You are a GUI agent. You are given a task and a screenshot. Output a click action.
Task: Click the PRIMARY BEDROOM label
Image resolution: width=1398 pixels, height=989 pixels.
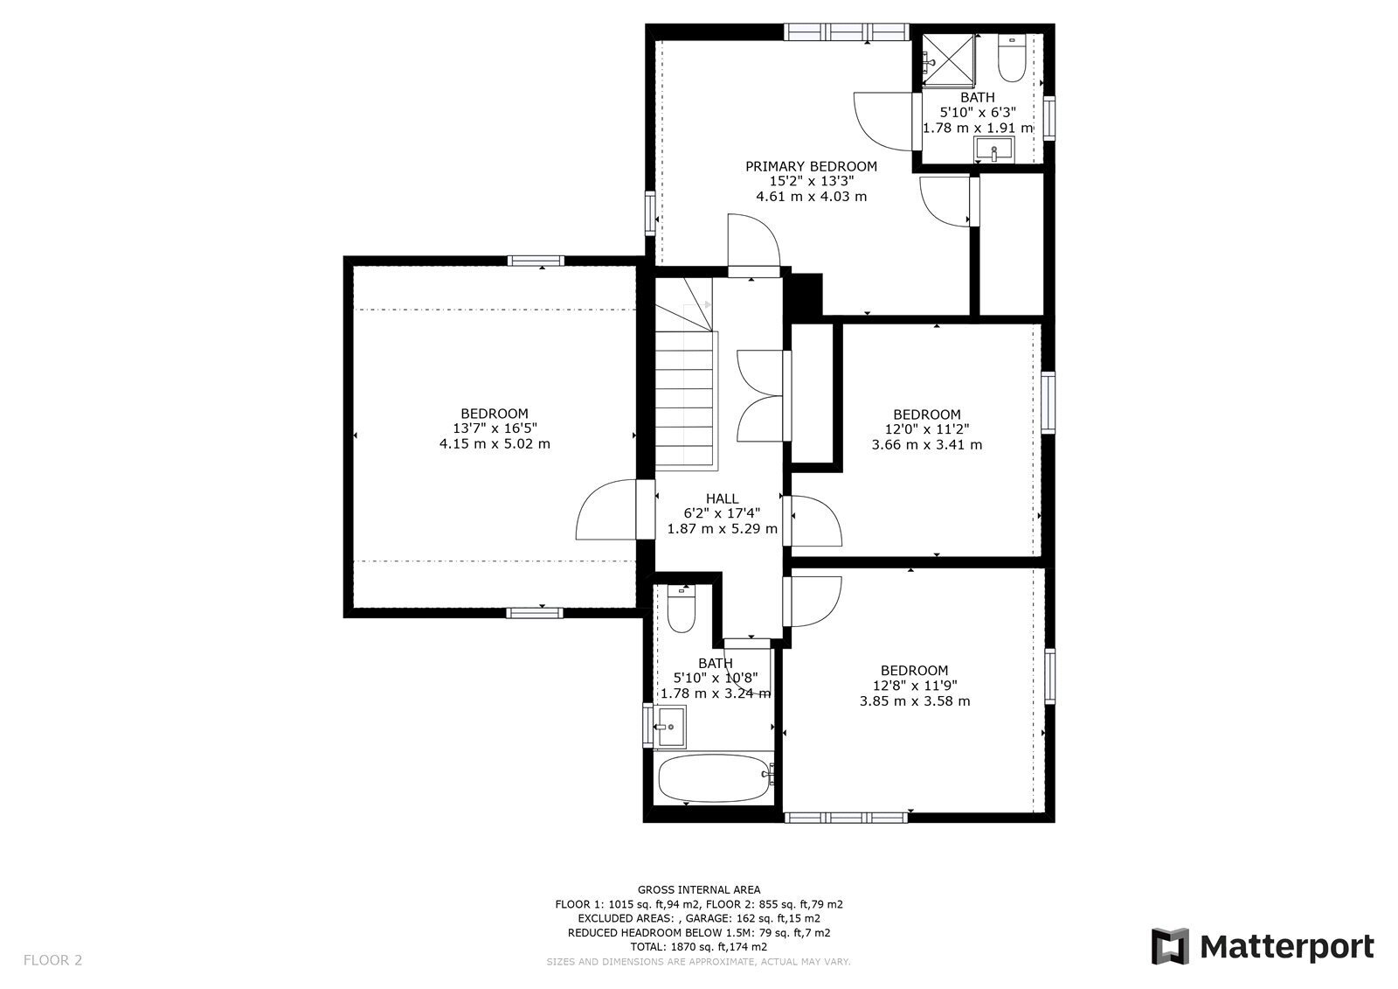[x=811, y=166]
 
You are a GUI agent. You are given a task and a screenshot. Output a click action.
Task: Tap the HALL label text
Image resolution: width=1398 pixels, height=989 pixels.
[x=722, y=498]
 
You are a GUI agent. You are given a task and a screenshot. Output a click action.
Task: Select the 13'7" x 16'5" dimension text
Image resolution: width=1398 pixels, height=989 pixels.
[x=495, y=428]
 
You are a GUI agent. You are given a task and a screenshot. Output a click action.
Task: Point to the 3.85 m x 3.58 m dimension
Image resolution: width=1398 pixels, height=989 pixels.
[x=915, y=701]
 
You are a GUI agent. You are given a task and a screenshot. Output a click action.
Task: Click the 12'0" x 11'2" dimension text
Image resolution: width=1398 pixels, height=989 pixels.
[x=927, y=429]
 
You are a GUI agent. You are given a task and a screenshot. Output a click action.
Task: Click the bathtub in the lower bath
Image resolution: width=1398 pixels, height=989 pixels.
[x=714, y=778]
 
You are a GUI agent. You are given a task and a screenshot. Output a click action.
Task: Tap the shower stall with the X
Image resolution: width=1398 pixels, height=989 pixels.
[x=948, y=60]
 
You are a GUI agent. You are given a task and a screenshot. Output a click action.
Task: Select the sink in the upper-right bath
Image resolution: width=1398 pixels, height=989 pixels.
[x=993, y=150]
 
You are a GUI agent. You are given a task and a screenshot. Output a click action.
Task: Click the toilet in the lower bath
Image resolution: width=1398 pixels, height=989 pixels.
[x=681, y=609]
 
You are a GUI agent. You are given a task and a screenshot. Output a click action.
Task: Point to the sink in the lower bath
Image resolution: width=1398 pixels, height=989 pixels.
[x=669, y=727]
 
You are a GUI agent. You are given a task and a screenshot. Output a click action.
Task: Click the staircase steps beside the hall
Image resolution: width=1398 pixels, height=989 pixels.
[x=684, y=400]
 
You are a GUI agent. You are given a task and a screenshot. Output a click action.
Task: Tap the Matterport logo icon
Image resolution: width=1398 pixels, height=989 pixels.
[x=1170, y=946]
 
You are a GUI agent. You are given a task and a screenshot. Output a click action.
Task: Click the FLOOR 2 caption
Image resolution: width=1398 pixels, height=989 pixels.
[x=53, y=960]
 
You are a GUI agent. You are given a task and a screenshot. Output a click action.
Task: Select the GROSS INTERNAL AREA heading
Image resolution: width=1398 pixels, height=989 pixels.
[x=699, y=889]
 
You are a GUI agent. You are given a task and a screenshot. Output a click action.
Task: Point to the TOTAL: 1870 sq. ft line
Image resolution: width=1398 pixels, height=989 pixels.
[x=699, y=947]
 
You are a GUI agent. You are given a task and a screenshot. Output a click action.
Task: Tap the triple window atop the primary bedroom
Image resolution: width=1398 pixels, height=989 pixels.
[x=847, y=31]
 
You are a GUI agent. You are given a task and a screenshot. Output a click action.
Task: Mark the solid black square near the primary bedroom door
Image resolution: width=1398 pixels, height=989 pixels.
[x=807, y=294]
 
